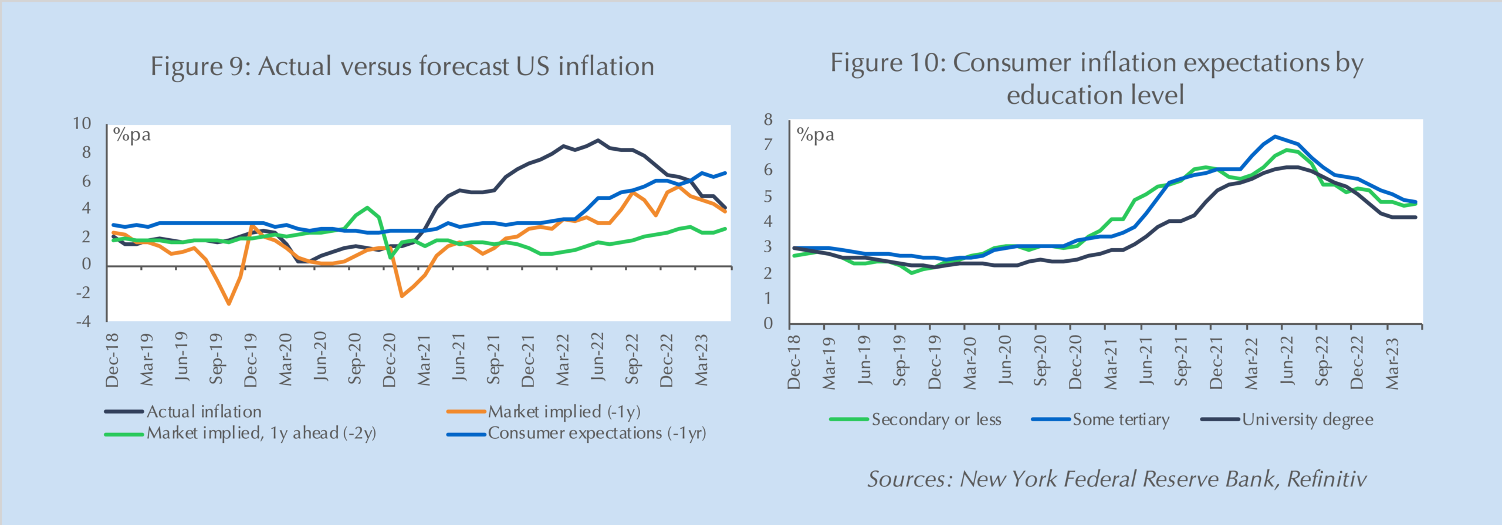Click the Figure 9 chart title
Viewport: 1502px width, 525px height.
tap(402, 66)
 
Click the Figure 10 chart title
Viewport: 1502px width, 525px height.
tap(1096, 79)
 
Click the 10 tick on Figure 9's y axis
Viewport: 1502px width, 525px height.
tap(82, 123)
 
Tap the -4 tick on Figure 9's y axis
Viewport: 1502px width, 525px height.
tap(83, 321)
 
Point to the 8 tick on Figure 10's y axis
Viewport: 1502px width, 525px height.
tap(768, 120)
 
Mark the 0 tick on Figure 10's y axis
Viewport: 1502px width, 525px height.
tap(768, 323)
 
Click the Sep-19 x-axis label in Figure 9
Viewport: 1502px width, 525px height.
tap(216, 358)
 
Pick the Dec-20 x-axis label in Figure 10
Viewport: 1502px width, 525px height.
tap(1075, 362)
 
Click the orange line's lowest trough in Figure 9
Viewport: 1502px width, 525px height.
tap(229, 304)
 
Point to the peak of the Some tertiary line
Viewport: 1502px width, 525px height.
tap(1274, 136)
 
